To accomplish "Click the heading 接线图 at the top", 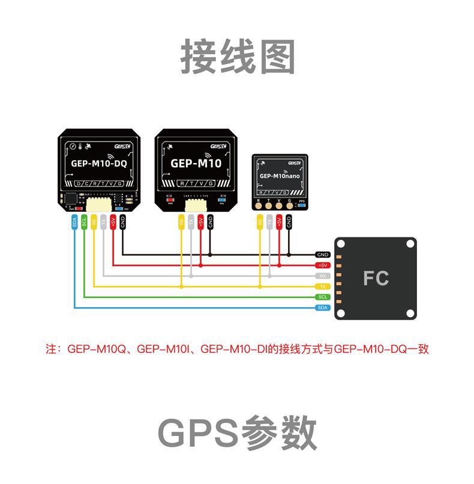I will (238, 57).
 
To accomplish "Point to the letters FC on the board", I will (376, 278).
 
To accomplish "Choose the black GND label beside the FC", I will (323, 255).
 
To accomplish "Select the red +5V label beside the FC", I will (323, 265).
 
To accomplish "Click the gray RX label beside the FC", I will (323, 276).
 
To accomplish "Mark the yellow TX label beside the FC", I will (323, 286).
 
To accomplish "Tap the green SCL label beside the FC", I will (323, 297).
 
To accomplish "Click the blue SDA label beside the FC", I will (323, 307).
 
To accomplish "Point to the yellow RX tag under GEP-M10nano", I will (260, 223).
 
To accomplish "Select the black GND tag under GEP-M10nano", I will (289, 223).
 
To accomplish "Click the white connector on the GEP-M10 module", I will (196, 205).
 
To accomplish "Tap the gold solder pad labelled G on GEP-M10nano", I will (290, 206).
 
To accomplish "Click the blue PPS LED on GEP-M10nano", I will (302, 205).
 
